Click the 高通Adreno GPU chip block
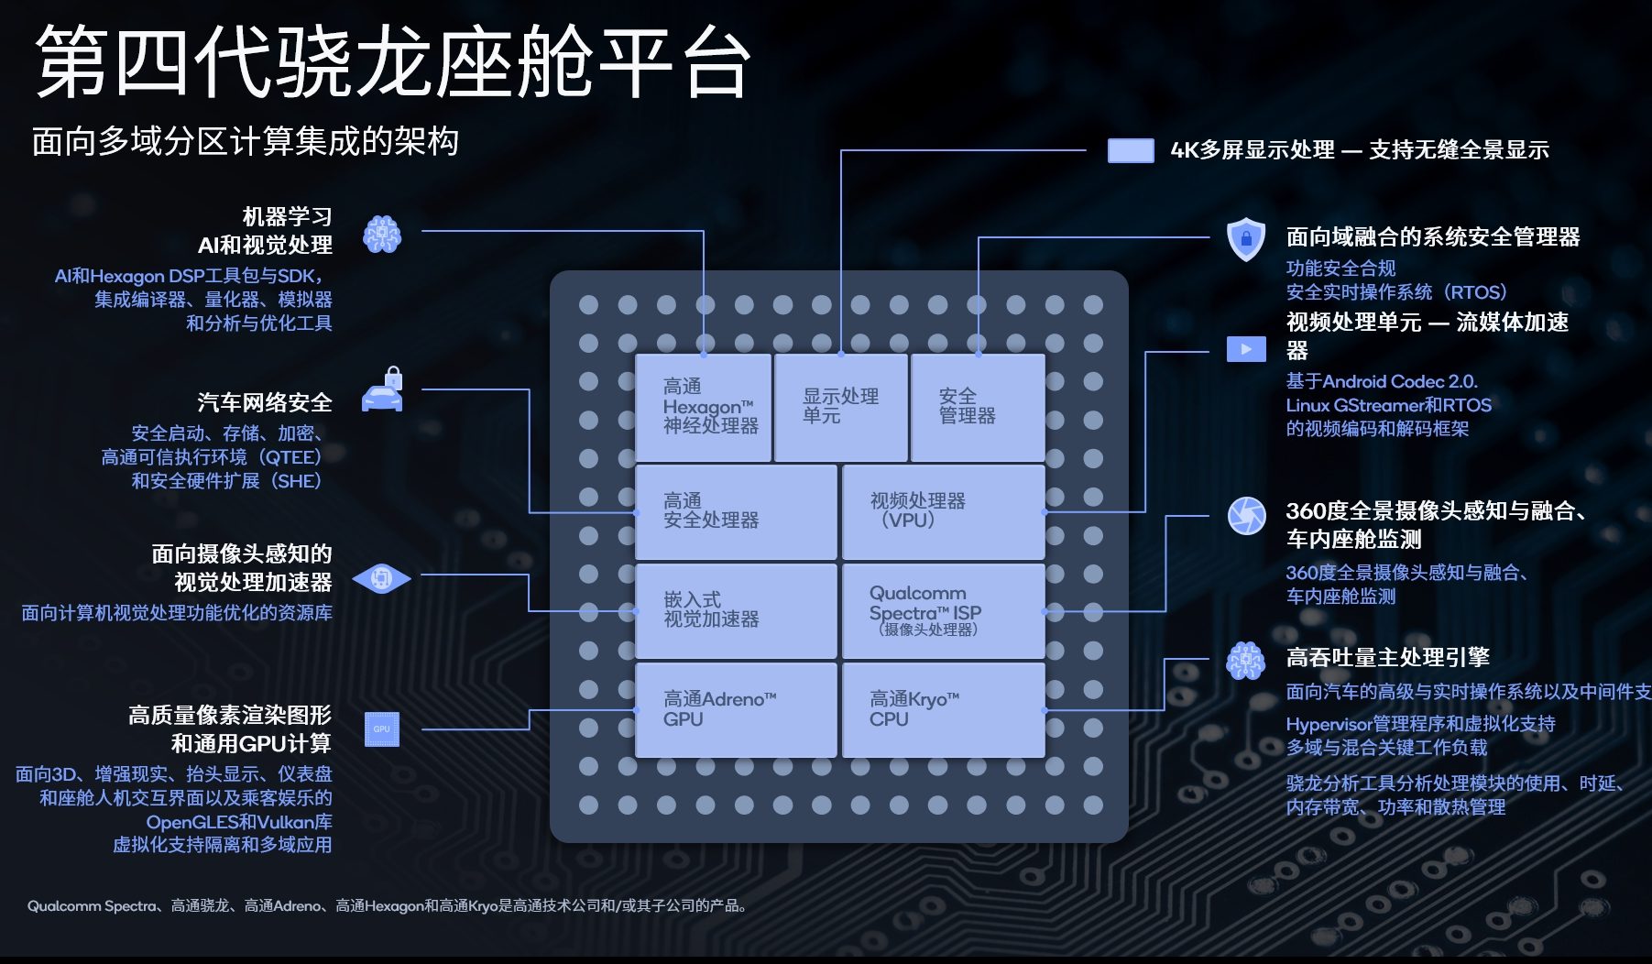(736, 710)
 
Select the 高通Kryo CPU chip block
(943, 710)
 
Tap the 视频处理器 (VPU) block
(943, 511)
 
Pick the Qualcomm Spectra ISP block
(943, 611)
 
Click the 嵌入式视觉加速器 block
(736, 611)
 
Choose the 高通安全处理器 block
(736, 511)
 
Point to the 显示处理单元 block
(841, 407)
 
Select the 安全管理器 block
(978, 407)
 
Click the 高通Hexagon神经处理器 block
(704, 407)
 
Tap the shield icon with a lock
(1246, 239)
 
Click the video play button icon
(1246, 349)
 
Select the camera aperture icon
(1246, 516)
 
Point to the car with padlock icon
(383, 391)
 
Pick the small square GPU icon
(381, 729)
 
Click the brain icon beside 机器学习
(382, 235)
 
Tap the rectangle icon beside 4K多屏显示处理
(1131, 150)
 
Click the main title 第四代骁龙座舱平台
(392, 62)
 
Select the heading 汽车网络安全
(265, 403)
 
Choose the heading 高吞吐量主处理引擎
(1387, 658)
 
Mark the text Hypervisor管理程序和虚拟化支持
(1420, 724)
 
